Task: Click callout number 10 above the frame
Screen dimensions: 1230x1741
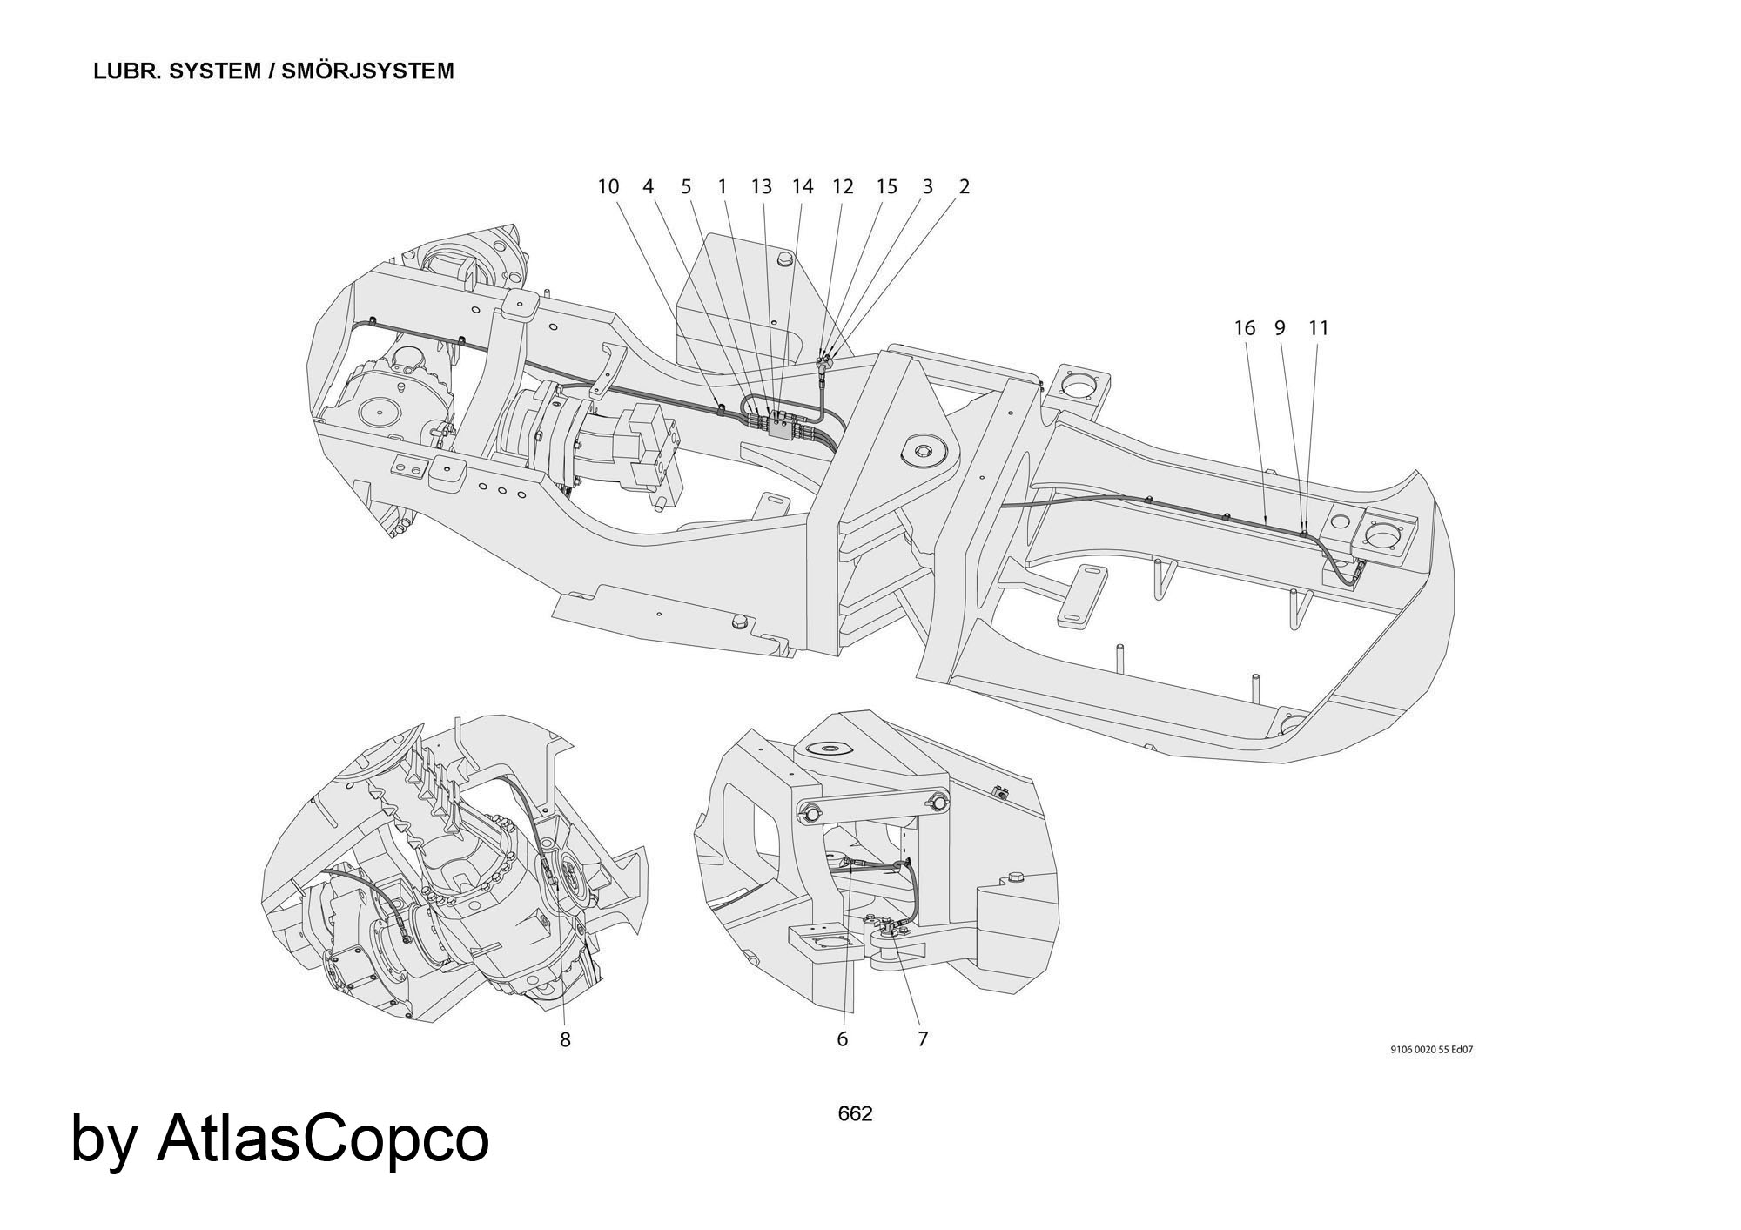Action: [608, 186]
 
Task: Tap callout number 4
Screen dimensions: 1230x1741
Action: [648, 186]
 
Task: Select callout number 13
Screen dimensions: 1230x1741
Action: [761, 186]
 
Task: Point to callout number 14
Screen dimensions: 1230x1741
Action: [802, 186]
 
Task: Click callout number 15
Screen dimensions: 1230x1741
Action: [886, 186]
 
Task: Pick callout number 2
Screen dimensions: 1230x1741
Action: [965, 186]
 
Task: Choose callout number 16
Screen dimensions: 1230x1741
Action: [1245, 328]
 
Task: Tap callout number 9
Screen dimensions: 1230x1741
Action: [1280, 328]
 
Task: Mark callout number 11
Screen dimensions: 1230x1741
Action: [1319, 328]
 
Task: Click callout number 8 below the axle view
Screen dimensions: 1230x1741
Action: [565, 1039]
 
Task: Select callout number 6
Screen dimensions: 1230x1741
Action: [842, 1039]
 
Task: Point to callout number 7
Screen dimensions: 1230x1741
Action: [923, 1039]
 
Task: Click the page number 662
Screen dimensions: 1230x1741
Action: [855, 1113]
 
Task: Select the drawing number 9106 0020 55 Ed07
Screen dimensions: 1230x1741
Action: [1432, 1050]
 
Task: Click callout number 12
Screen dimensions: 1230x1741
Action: [843, 186]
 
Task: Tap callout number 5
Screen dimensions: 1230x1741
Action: [686, 186]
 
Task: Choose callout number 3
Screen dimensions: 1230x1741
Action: [927, 186]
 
